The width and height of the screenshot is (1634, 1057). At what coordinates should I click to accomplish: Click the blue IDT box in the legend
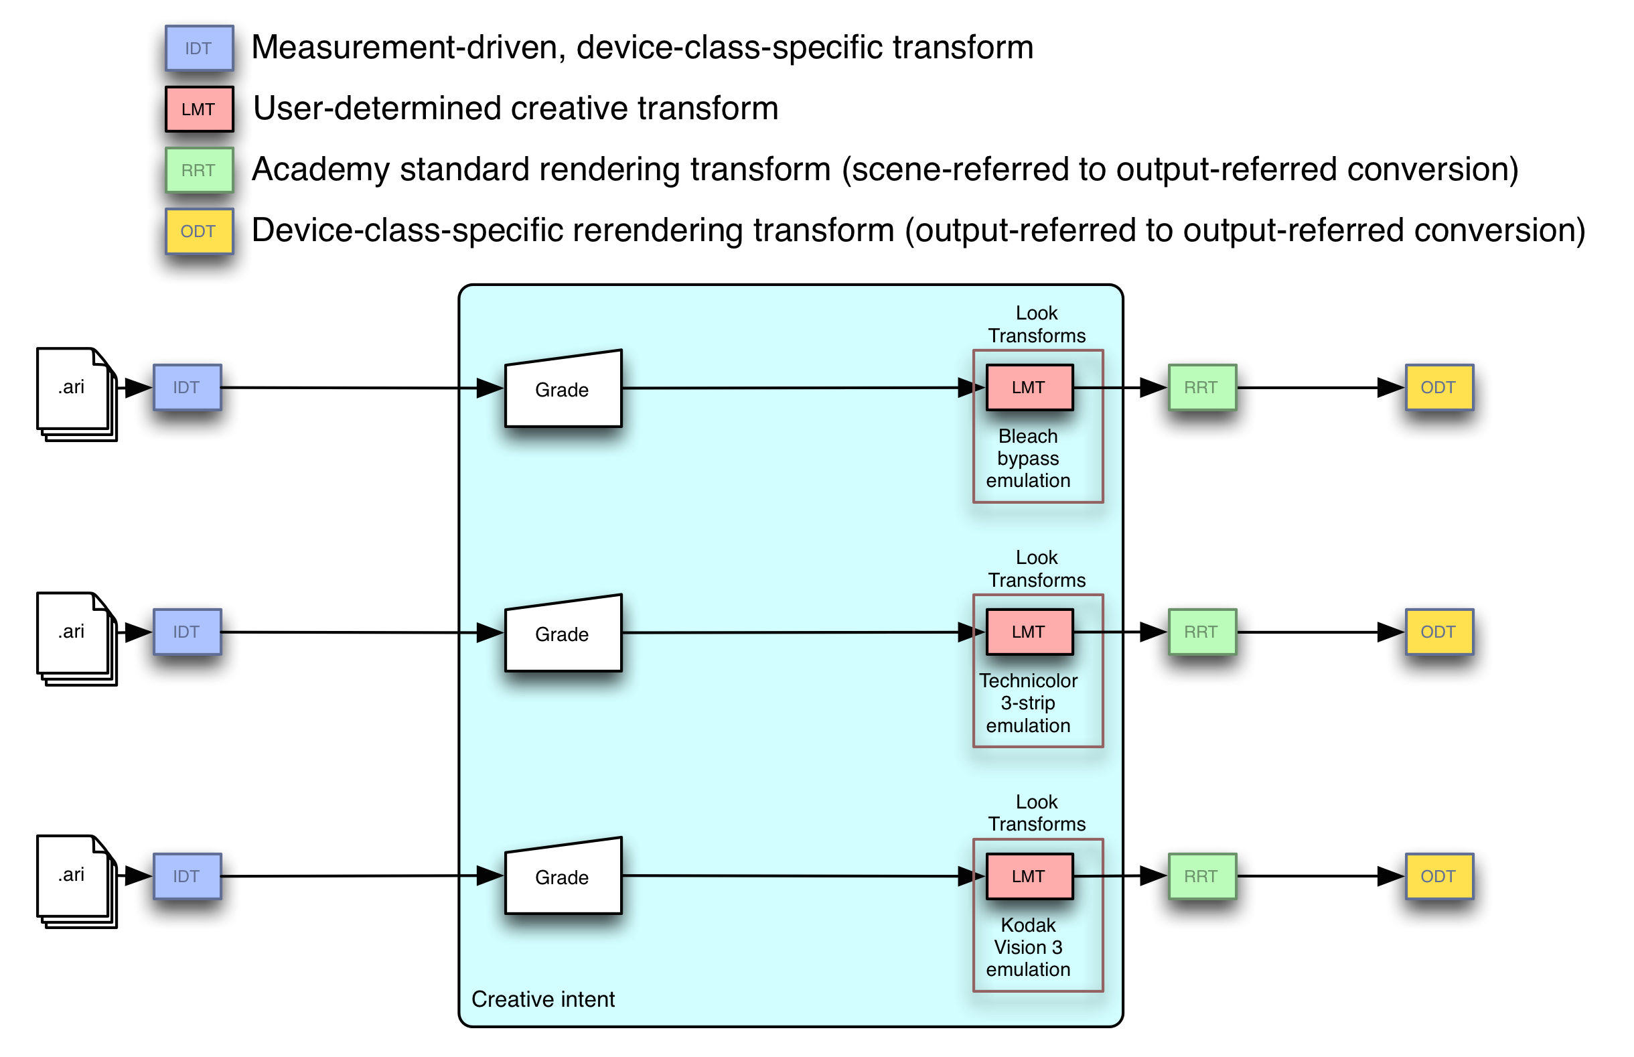point(199,49)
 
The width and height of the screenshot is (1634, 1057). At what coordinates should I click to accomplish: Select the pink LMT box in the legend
point(199,109)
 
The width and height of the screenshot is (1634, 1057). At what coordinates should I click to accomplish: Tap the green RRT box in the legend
point(199,170)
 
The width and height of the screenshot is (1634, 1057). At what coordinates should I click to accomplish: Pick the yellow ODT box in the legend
point(199,231)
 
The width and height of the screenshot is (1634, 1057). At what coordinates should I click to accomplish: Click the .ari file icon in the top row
point(74,391)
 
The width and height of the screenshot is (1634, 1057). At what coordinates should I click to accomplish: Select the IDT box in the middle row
point(188,632)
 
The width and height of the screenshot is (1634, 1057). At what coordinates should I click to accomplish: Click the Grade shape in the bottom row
point(563,877)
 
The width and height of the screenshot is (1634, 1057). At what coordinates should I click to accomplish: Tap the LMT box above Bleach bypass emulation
point(1029,387)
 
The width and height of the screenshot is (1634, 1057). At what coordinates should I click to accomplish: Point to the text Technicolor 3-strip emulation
point(1027,703)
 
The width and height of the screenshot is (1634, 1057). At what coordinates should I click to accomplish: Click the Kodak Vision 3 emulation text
point(1027,947)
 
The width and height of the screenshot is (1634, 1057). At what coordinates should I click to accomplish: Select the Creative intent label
point(542,999)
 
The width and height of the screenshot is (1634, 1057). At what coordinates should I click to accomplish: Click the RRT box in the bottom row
point(1202,877)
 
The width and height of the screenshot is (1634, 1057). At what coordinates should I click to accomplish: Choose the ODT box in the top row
point(1439,387)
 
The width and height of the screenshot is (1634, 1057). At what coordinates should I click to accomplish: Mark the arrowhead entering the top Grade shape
point(489,388)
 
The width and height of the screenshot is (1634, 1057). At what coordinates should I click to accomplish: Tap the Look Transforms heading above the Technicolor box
point(1037,568)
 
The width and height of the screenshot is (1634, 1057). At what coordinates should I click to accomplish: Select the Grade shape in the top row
point(563,389)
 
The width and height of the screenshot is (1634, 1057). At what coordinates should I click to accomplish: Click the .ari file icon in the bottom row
point(74,879)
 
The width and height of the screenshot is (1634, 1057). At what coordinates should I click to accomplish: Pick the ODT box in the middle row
point(1439,632)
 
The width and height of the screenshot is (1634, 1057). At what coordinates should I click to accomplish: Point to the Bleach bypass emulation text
point(1027,457)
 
